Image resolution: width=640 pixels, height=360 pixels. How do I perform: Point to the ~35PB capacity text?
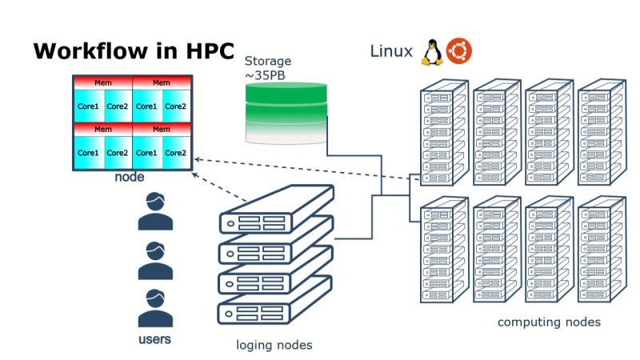[266, 75]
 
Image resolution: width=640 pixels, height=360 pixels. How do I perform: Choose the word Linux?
[390, 52]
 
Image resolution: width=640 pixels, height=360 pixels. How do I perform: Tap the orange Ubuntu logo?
[459, 51]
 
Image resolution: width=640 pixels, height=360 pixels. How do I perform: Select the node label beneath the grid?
[130, 177]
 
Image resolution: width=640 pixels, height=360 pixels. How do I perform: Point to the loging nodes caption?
[274, 345]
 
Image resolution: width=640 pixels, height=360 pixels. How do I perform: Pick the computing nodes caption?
[549, 322]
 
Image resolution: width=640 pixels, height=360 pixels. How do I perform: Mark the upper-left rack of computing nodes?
[442, 132]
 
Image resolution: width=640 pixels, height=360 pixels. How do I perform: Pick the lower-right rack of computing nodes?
[599, 248]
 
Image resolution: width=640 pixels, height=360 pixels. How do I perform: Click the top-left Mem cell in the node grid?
[103, 82]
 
